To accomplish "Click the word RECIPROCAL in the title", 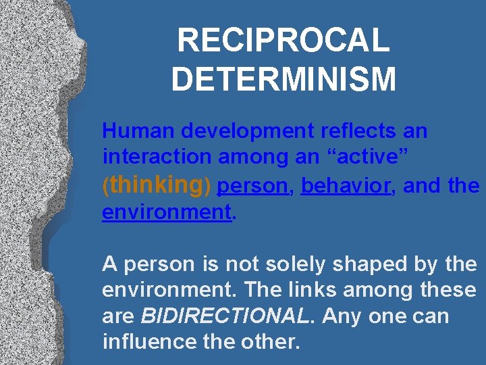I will tap(283, 41).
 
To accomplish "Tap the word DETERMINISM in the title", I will tap(283, 78).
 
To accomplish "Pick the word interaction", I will tap(157, 157).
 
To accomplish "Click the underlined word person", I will tap(253, 186).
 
